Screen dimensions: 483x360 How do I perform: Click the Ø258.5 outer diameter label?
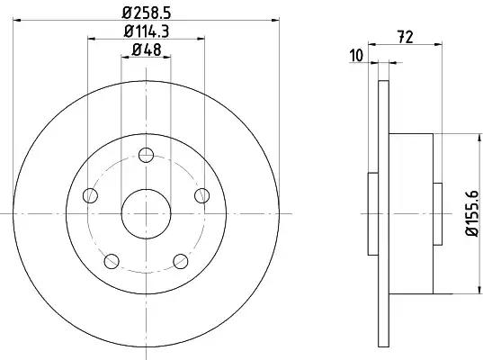click(x=147, y=13)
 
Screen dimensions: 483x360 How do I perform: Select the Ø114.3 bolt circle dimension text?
click(x=147, y=31)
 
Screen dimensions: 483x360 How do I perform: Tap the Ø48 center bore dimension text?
click(x=147, y=49)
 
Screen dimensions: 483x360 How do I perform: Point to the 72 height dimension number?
click(x=405, y=37)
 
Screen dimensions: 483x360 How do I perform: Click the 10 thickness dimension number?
click(x=356, y=56)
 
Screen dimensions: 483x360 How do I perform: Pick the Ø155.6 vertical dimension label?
click(x=472, y=213)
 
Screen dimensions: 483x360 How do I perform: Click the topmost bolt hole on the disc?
click(x=146, y=155)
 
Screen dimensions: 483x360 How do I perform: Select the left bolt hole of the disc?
click(x=90, y=195)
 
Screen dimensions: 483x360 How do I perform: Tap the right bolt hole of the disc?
click(x=202, y=195)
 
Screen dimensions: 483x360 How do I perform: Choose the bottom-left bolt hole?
click(x=112, y=261)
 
